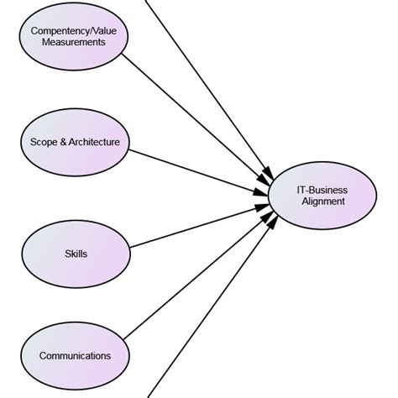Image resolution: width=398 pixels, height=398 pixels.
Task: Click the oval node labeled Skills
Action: tap(76, 253)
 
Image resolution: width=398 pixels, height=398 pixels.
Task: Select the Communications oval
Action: tap(76, 355)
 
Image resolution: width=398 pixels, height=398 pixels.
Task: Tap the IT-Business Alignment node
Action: tap(322, 196)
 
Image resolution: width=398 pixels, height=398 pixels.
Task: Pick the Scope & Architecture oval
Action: tap(76, 142)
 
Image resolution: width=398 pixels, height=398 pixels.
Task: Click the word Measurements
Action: tap(75, 42)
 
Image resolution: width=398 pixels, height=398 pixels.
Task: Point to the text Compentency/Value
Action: tap(75, 31)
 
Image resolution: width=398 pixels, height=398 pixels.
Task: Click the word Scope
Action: tap(34, 142)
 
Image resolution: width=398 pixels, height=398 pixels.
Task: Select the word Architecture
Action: tap(94, 142)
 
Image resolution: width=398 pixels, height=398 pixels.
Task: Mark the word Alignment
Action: tap(322, 202)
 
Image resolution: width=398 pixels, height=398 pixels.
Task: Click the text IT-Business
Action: tap(322, 190)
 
